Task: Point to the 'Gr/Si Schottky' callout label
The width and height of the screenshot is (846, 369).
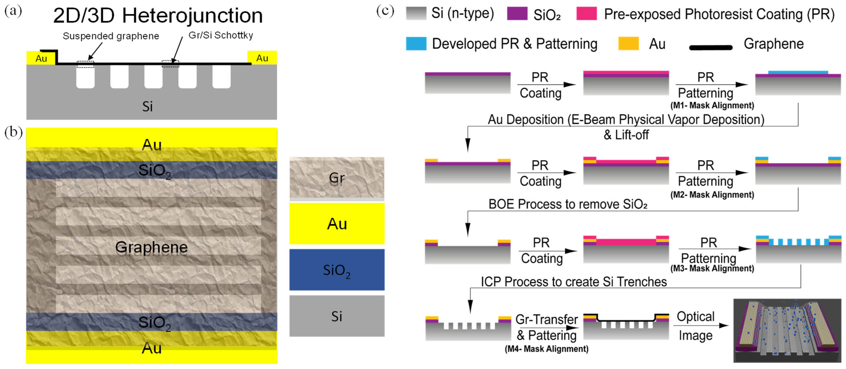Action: pyautogui.click(x=220, y=35)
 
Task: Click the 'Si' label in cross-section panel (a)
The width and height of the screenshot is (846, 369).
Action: pyautogui.click(x=147, y=106)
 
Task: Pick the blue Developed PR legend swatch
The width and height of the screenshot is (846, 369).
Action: pyautogui.click(x=416, y=43)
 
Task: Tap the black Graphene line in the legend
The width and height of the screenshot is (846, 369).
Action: pyautogui.click(x=710, y=48)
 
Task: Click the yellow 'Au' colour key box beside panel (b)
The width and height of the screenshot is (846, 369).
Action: pyautogui.click(x=337, y=224)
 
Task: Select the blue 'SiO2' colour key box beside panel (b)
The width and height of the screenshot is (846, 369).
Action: pyautogui.click(x=337, y=270)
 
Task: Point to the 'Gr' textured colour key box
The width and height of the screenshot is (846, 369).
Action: pyautogui.click(x=337, y=178)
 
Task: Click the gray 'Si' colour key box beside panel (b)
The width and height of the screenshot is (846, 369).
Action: pyautogui.click(x=337, y=316)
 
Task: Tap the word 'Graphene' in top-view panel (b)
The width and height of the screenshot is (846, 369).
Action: pyautogui.click(x=151, y=247)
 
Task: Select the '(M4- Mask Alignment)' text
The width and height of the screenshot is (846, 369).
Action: pyautogui.click(x=546, y=349)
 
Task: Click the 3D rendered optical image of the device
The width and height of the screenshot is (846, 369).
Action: pyautogui.click(x=787, y=330)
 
